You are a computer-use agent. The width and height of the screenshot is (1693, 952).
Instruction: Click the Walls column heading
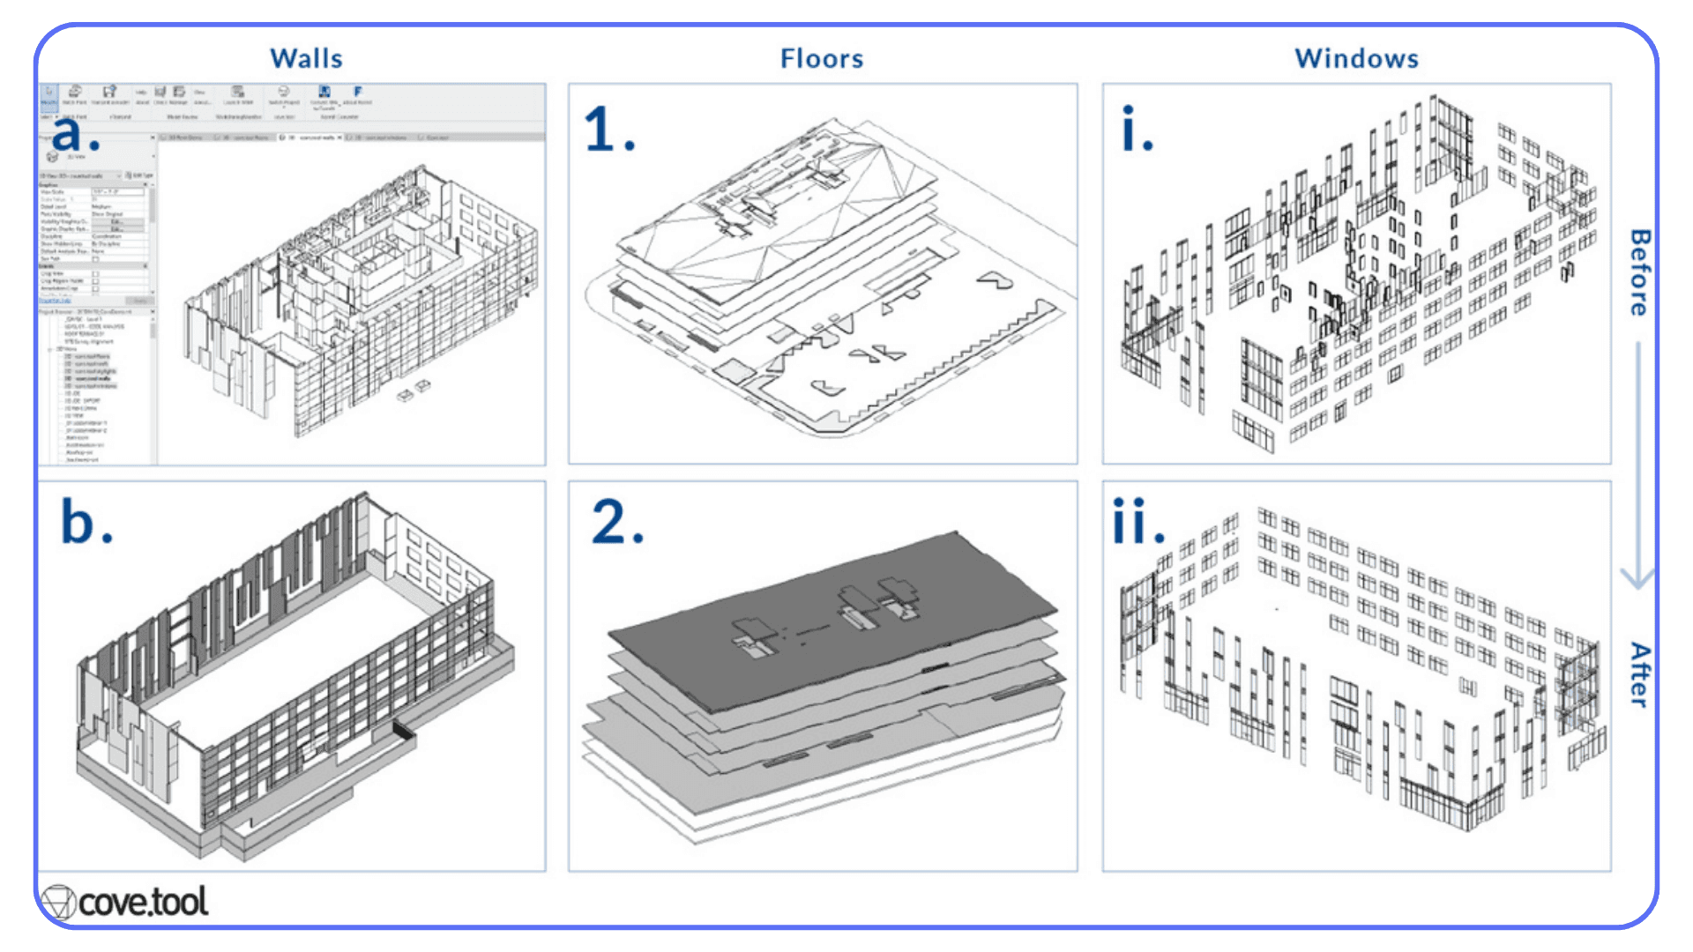click(306, 58)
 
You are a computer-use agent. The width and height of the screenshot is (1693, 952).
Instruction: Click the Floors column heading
click(822, 58)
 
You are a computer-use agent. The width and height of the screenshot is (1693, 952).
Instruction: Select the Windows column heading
click(1356, 58)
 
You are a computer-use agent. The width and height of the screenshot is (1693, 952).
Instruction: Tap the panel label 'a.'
click(74, 133)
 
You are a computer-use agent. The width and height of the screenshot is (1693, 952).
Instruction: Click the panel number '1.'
click(608, 130)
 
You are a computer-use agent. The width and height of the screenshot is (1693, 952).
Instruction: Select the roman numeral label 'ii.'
click(1137, 522)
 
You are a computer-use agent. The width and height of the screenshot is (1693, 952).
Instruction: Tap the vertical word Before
click(1639, 272)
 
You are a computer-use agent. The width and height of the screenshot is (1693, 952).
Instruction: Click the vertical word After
click(1639, 674)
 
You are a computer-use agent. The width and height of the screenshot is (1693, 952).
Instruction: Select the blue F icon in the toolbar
click(358, 92)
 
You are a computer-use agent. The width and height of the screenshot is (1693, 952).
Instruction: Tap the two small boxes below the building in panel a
click(414, 390)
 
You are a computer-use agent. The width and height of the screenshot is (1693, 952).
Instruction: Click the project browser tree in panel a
click(95, 388)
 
